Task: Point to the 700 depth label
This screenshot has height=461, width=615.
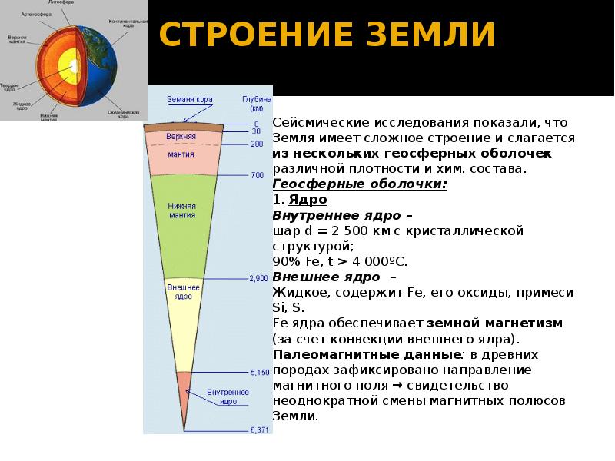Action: (x=257, y=176)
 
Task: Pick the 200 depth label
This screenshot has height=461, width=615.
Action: (x=257, y=144)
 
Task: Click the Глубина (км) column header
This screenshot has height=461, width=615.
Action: (x=257, y=104)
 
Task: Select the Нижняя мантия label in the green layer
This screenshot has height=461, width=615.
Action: (x=181, y=211)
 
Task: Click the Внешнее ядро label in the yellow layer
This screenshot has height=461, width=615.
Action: (x=182, y=292)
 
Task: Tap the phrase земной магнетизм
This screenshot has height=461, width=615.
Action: (x=495, y=323)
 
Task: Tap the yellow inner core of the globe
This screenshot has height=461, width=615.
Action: (x=73, y=66)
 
